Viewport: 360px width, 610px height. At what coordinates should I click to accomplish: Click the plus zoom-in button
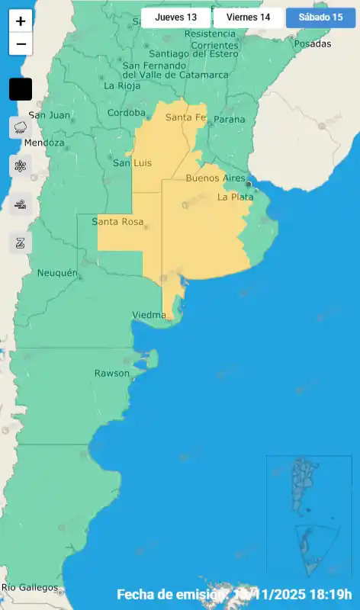[21, 21]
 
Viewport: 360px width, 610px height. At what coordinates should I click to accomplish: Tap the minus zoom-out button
[21, 44]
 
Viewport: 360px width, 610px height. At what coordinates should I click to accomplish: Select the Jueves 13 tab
[175, 18]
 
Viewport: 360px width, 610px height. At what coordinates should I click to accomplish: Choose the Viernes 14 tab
[248, 18]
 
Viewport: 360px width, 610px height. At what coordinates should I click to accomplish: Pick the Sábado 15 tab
[320, 18]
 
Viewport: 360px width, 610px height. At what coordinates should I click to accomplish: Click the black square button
[21, 89]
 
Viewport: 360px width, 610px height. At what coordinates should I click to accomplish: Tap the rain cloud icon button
[21, 127]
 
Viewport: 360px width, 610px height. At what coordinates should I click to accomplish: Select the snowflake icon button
[21, 165]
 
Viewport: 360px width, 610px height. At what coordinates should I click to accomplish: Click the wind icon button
[21, 204]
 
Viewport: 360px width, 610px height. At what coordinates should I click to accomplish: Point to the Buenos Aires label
[216, 178]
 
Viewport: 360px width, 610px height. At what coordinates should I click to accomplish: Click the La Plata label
[235, 197]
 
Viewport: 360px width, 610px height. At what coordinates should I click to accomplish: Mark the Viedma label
[150, 315]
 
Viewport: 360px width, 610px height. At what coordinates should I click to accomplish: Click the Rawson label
[112, 373]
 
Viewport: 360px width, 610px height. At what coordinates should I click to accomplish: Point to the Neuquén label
[58, 273]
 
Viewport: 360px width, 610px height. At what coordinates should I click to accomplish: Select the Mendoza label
[44, 143]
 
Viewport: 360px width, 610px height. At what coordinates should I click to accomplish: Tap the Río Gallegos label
[29, 588]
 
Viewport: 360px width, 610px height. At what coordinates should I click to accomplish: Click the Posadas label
[312, 43]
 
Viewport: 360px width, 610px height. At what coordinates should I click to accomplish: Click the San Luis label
[133, 163]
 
